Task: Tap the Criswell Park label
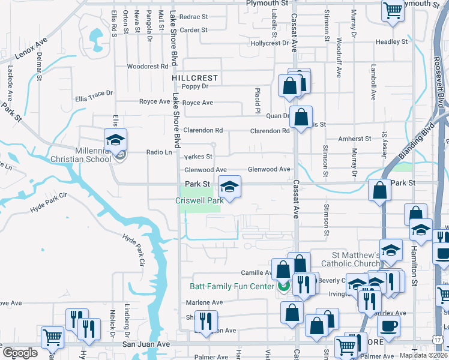[199, 200]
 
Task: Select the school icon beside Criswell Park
[229, 187]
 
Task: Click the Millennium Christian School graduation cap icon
[115, 140]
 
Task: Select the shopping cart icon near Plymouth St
[392, 10]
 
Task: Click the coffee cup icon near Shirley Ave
[388, 326]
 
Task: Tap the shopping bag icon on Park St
[380, 191]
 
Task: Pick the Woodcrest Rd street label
[147, 67]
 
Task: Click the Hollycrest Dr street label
[270, 43]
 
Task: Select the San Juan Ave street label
[146, 344]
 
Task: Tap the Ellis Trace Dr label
[94, 95]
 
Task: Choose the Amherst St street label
[355, 139]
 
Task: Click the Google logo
[20, 353]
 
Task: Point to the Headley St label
[392, 42]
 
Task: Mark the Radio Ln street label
[159, 152]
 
